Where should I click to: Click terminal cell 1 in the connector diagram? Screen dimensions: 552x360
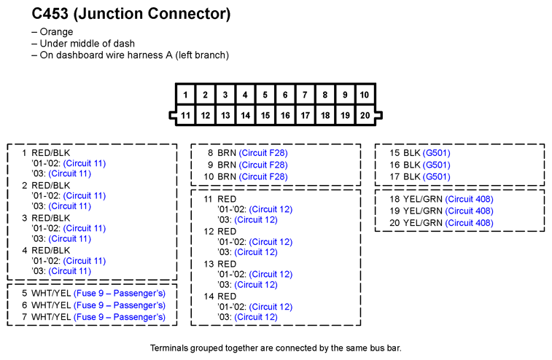(185, 95)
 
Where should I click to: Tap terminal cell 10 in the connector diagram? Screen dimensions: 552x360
(365, 95)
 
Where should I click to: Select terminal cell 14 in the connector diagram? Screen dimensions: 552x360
(245, 115)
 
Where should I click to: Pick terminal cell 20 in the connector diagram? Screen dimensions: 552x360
(365, 115)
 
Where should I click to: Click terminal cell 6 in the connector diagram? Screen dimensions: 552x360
(285, 95)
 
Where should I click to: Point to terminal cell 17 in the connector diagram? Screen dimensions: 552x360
(306, 115)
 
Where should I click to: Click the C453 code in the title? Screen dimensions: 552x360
(50, 14)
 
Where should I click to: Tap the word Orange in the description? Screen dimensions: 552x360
(56, 31)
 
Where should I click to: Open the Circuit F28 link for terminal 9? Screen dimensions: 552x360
(263, 165)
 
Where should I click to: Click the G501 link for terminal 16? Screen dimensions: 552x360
(437, 165)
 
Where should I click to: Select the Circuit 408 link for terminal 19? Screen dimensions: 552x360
(470, 211)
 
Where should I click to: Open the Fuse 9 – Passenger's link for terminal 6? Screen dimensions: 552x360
(120, 305)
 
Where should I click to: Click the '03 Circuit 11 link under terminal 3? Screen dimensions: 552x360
(70, 238)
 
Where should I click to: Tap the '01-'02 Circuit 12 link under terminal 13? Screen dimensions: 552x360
(271, 274)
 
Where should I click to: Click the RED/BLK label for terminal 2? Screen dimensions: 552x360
(51, 185)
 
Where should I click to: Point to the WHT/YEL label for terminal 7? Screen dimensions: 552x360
(51, 317)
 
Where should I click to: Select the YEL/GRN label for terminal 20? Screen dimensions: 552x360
(422, 223)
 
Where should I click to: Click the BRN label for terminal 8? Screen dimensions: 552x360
(227, 153)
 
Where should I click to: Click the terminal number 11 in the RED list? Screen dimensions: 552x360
(208, 199)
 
